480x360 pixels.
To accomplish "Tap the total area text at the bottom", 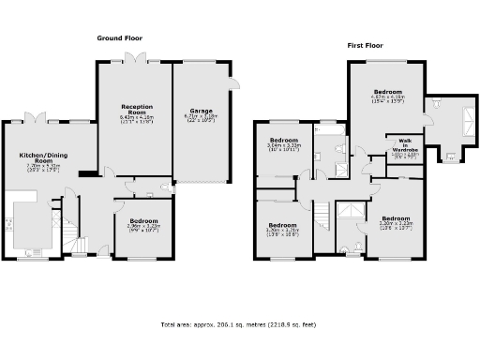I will click(239, 324).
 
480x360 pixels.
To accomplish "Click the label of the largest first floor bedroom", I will click(387, 92).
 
